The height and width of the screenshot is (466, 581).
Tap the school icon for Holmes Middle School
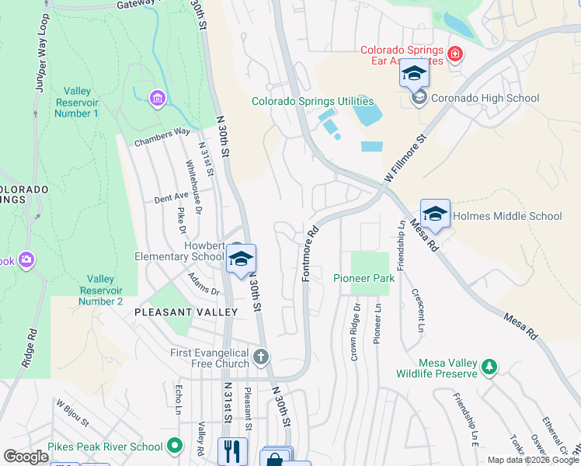(x=435, y=215)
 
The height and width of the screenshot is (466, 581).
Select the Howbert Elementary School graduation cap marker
(x=242, y=260)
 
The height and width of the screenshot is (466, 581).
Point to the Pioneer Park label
(x=360, y=278)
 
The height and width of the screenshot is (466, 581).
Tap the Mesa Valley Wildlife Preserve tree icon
(x=489, y=366)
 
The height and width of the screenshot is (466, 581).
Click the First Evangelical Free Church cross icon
(x=262, y=357)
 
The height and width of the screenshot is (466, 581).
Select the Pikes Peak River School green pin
(x=175, y=446)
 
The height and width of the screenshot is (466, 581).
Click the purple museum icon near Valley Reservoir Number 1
(x=158, y=99)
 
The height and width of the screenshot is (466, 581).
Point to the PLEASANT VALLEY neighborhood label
(x=186, y=311)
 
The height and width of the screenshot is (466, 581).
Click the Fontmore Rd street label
(x=311, y=253)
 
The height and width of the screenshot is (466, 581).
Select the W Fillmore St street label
(x=406, y=162)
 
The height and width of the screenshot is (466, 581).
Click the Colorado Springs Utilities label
(x=312, y=102)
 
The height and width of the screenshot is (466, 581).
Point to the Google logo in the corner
(x=26, y=456)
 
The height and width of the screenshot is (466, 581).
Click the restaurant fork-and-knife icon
(x=232, y=450)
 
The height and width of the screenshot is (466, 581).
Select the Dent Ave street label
(x=171, y=198)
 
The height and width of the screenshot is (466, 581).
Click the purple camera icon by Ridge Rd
(x=27, y=259)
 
